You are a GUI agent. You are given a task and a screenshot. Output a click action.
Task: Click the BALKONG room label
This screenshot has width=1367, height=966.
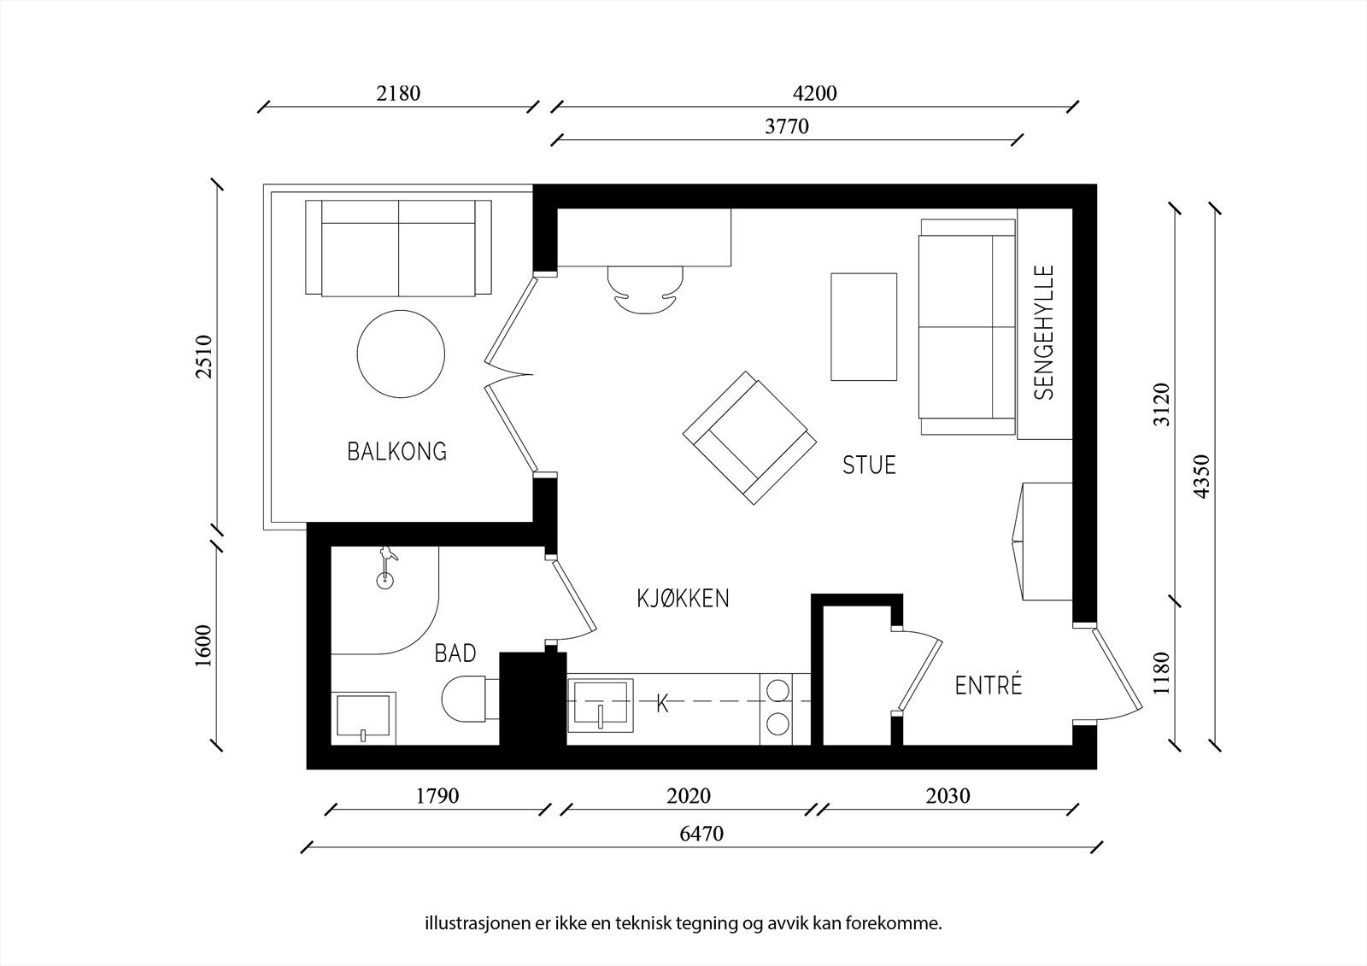pyautogui.click(x=397, y=452)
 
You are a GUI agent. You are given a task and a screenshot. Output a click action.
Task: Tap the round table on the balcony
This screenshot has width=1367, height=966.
pyautogui.click(x=401, y=354)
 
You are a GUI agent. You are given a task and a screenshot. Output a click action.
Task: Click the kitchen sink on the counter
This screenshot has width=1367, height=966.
pyautogui.click(x=600, y=705)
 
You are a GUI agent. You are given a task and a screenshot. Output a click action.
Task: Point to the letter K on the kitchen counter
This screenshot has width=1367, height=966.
pyautogui.click(x=663, y=705)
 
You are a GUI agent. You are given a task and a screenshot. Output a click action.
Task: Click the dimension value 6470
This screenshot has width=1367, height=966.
pyautogui.click(x=701, y=834)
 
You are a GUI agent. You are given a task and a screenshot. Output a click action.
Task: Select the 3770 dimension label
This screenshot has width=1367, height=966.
pyautogui.click(x=787, y=126)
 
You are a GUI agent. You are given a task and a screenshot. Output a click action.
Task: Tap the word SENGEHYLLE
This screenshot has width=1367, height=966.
pyautogui.click(x=1045, y=332)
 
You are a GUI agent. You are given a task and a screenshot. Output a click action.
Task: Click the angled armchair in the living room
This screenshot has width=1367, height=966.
pyautogui.click(x=749, y=437)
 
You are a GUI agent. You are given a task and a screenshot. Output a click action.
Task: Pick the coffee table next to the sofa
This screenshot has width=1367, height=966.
pyautogui.click(x=864, y=327)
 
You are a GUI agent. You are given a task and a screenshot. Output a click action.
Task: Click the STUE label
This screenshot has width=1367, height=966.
pyautogui.click(x=869, y=465)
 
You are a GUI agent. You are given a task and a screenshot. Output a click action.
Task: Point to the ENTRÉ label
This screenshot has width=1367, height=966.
pyautogui.click(x=988, y=685)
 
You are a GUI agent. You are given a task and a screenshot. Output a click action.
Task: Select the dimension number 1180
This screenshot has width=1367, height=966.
pyautogui.click(x=1161, y=673)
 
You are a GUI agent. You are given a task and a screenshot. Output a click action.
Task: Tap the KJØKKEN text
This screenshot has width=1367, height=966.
pyautogui.click(x=683, y=599)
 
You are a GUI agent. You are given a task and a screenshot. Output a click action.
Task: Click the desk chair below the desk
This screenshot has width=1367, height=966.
pyautogui.click(x=645, y=290)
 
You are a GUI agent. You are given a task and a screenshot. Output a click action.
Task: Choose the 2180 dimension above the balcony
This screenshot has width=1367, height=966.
pyautogui.click(x=398, y=93)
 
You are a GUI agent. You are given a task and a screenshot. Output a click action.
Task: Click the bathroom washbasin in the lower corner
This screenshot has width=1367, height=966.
pyautogui.click(x=363, y=718)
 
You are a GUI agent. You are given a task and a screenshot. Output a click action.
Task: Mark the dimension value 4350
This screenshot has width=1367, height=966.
pyautogui.click(x=1201, y=476)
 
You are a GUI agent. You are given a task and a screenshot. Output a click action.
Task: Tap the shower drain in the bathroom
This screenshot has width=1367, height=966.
pyautogui.click(x=384, y=580)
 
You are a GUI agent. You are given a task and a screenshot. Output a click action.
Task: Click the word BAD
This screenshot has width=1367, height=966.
pyautogui.click(x=455, y=653)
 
